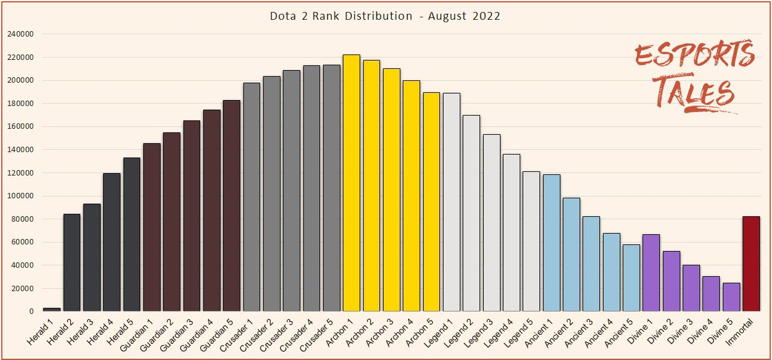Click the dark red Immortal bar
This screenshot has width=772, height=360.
pyautogui.click(x=751, y=264)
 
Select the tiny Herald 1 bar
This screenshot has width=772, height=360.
pyautogui.click(x=52, y=310)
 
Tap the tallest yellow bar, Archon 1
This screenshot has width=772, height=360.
pyautogui.click(x=351, y=183)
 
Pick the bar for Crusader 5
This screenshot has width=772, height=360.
pyautogui.click(x=331, y=188)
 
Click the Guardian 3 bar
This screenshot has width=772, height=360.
pyautogui.click(x=191, y=216)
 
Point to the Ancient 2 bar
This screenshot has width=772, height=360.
pyautogui.click(x=571, y=254)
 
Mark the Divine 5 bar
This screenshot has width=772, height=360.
pyautogui.click(x=731, y=297)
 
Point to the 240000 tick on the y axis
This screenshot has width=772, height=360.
pyautogui.click(x=20, y=34)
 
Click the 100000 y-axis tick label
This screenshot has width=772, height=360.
pyautogui.click(x=20, y=196)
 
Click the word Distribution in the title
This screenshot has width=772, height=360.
pyautogui.click(x=378, y=16)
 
